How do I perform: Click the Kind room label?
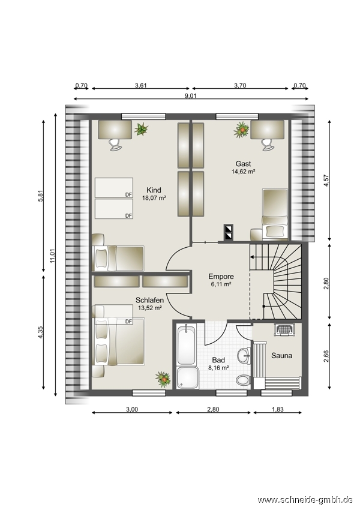click(x=154, y=190)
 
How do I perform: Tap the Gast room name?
click(x=243, y=164)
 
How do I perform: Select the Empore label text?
click(x=221, y=277)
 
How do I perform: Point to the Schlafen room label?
click(x=149, y=300)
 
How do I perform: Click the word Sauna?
click(x=281, y=356)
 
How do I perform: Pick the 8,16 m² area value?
click(x=218, y=368)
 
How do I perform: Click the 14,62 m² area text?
click(x=243, y=172)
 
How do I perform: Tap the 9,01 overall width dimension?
click(x=191, y=95)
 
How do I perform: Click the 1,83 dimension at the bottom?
click(x=277, y=409)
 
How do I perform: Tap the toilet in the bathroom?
click(x=243, y=380)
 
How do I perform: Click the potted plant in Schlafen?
click(x=163, y=379)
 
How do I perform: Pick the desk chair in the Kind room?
click(x=115, y=144)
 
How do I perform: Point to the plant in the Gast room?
click(x=242, y=130)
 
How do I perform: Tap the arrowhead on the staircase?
click(x=251, y=257)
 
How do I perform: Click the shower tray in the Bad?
click(x=188, y=377)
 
